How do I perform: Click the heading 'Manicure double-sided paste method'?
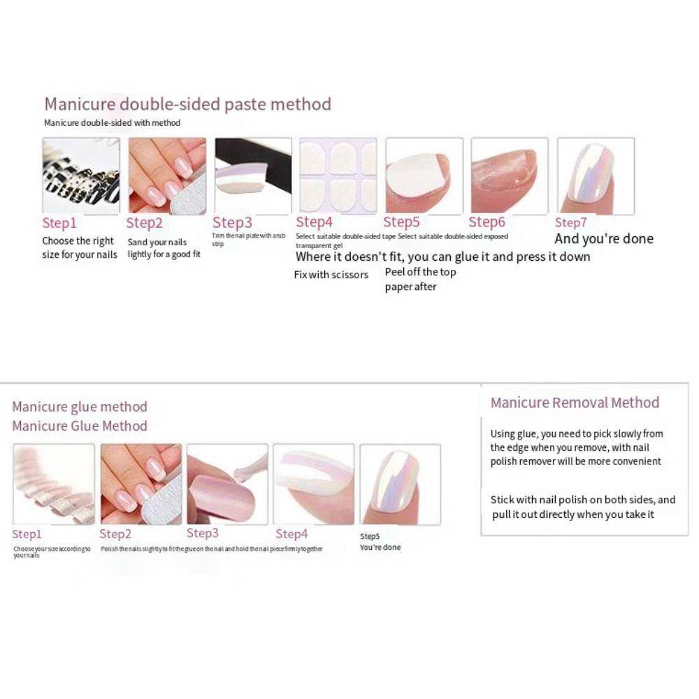[x=187, y=105]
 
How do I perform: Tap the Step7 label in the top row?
[x=571, y=223]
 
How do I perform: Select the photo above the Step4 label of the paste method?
[x=338, y=175]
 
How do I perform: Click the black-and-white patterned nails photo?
[x=81, y=175]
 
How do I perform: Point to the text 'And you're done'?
[x=604, y=239]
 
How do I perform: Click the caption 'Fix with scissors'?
[x=331, y=275]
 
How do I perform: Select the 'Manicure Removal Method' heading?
[x=575, y=403]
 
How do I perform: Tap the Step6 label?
[x=487, y=222]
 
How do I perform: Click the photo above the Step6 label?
[x=508, y=175]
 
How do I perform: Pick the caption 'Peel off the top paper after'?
[x=420, y=280]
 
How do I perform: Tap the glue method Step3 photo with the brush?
[x=227, y=484]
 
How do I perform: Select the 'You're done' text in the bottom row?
[x=380, y=547]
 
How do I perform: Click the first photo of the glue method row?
[x=53, y=484]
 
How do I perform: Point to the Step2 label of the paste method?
[x=144, y=223]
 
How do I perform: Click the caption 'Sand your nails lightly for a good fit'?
[x=164, y=248]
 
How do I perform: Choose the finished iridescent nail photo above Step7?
[x=596, y=175]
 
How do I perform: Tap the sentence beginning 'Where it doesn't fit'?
[x=442, y=257]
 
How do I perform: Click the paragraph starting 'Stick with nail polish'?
[x=582, y=507]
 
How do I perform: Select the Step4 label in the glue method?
[x=291, y=534]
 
